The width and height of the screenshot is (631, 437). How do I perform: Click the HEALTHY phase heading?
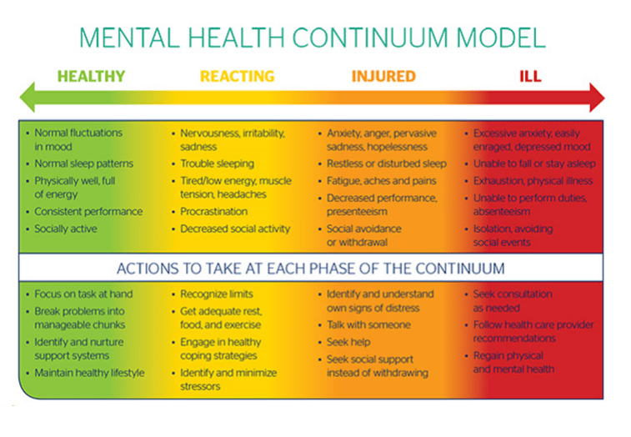click(91, 76)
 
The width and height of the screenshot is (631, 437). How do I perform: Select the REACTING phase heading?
click(237, 76)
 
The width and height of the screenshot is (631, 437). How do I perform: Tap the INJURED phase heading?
click(383, 76)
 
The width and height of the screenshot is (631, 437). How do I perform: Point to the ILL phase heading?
click(530, 76)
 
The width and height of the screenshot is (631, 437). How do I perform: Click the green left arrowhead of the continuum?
click(28, 98)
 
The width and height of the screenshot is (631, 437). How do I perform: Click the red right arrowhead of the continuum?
click(597, 98)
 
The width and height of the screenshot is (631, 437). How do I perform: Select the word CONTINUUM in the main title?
click(369, 38)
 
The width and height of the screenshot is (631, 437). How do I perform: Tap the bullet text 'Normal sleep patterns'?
click(83, 163)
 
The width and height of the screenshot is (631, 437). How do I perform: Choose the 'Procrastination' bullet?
click(213, 212)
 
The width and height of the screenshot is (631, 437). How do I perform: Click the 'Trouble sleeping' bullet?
click(217, 163)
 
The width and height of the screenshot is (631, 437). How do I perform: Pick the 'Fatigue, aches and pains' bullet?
click(382, 181)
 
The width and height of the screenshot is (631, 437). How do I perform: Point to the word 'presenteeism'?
click(357, 212)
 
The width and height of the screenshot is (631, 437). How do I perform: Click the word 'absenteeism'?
click(502, 212)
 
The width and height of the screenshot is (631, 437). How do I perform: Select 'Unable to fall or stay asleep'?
click(534, 163)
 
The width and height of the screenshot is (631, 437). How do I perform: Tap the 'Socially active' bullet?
click(66, 229)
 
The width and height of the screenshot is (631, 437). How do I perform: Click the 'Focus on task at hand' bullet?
click(83, 294)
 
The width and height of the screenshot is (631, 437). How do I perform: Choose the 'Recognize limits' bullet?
click(217, 294)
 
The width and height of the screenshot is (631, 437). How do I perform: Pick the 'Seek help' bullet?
click(348, 342)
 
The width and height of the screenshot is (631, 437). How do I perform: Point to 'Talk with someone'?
click(368, 324)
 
